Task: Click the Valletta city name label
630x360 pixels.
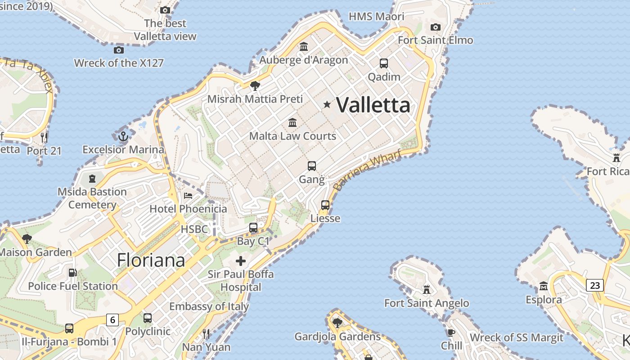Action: [x=373, y=105]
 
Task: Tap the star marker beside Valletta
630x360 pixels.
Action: [x=327, y=105]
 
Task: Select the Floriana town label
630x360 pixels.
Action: [x=151, y=260]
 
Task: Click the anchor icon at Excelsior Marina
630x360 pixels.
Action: [x=123, y=136]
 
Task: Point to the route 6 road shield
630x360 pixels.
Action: [x=112, y=320]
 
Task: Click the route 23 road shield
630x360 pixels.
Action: [x=595, y=285]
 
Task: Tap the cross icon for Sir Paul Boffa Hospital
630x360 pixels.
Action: [x=241, y=261]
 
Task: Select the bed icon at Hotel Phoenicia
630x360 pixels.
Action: [x=188, y=196]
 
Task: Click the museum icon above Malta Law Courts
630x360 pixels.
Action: [x=292, y=122]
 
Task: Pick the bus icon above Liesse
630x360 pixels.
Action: [x=325, y=205]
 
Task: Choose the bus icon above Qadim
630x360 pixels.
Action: [x=384, y=63]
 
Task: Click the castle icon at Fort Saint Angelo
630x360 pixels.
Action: [x=427, y=289]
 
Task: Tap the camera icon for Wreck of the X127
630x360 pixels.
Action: [x=119, y=50]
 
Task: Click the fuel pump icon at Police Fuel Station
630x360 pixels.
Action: [x=72, y=273]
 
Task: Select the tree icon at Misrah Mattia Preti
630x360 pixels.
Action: [x=255, y=85]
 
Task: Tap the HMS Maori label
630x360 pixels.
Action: [x=377, y=17]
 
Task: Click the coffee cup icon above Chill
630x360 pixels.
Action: [x=451, y=333]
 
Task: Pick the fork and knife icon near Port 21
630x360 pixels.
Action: [x=44, y=137]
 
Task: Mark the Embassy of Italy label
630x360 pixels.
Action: [x=209, y=307]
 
